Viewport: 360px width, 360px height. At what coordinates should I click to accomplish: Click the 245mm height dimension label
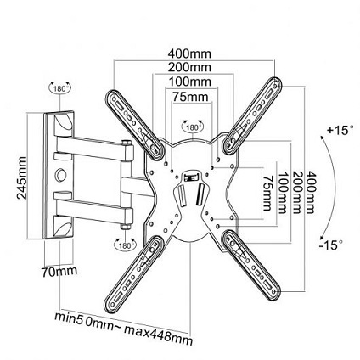click(21, 177)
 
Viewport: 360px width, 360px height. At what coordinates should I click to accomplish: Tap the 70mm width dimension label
click(59, 272)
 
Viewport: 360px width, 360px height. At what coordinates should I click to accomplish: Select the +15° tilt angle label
click(340, 131)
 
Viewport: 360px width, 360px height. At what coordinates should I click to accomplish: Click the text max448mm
click(159, 335)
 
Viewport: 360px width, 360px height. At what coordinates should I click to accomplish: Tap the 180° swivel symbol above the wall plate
click(60, 87)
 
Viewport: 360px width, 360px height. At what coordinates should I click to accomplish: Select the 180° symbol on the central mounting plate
click(193, 127)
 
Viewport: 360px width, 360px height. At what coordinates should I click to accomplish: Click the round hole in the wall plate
click(60, 174)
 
